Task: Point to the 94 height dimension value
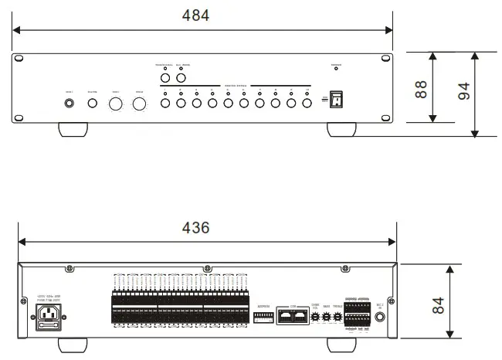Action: [464, 91]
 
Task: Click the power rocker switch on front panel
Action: [335, 100]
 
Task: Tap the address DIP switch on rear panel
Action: [263, 317]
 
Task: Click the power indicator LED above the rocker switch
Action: [335, 70]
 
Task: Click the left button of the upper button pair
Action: [165, 78]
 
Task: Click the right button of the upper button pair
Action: [182, 78]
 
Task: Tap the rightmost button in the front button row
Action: [307, 102]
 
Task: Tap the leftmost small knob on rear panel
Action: [315, 316]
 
